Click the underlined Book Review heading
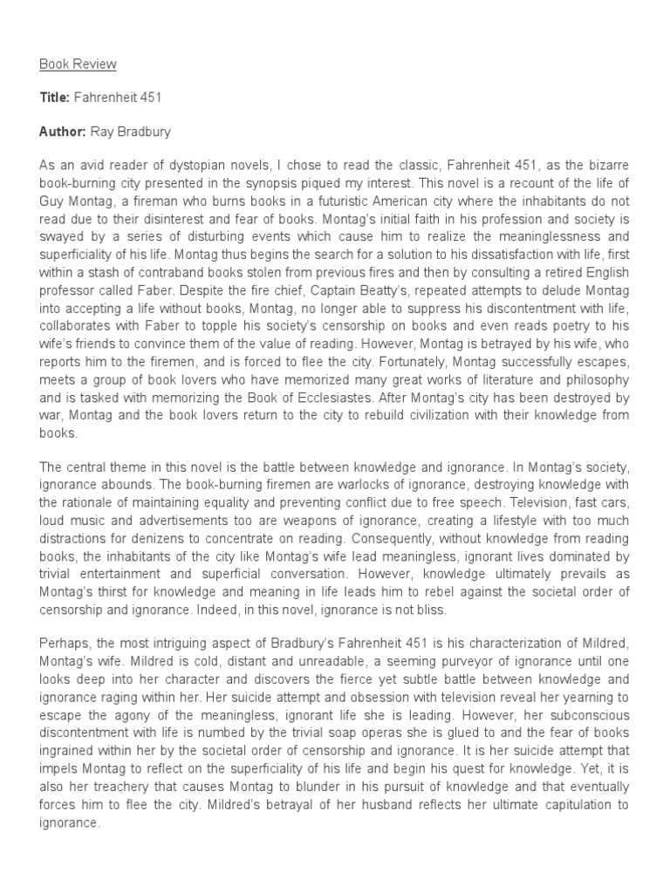point(78,65)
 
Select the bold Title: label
point(55,98)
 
